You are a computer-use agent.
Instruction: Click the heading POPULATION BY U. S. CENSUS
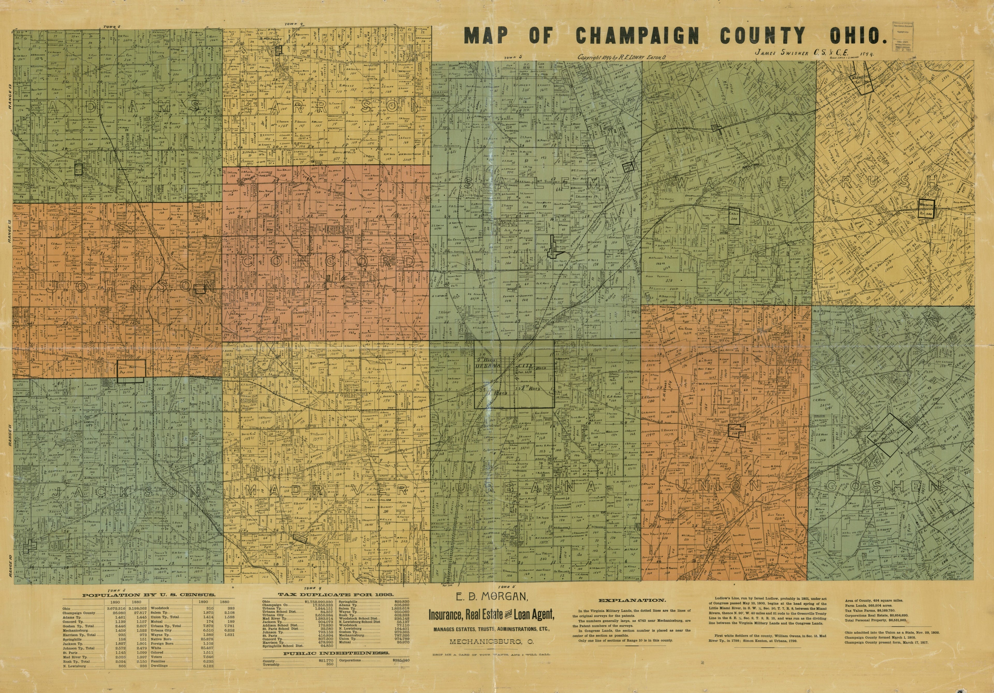(x=149, y=595)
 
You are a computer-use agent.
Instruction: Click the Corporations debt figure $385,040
(x=400, y=661)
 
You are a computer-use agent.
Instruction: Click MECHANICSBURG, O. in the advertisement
(x=491, y=641)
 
